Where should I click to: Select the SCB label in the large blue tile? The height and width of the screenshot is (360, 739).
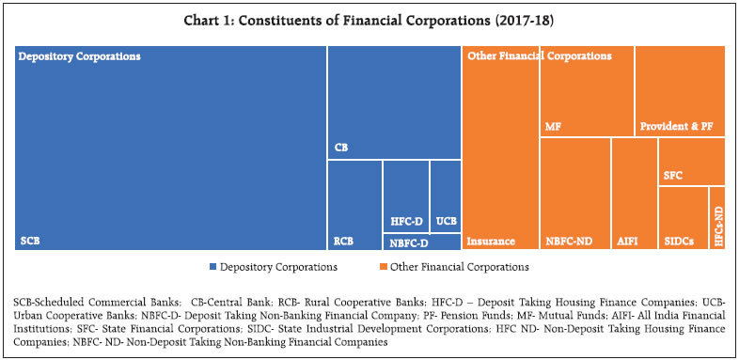pyautogui.click(x=30, y=242)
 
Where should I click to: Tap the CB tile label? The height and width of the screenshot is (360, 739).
pyautogui.click(x=341, y=148)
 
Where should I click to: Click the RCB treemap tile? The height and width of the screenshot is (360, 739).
pyautogui.click(x=354, y=204)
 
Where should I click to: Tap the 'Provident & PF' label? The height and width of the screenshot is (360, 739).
pyautogui.click(x=678, y=125)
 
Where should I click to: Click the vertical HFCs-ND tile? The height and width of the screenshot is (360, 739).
pyautogui.click(x=717, y=218)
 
